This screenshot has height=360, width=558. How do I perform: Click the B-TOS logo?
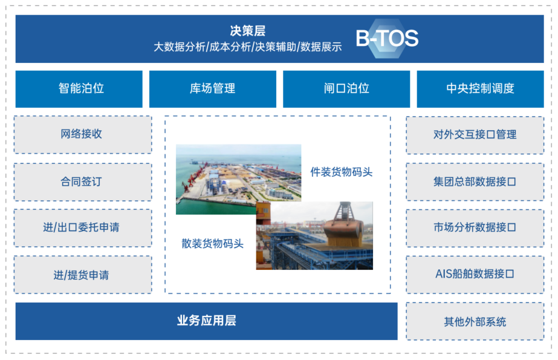[x=387, y=39]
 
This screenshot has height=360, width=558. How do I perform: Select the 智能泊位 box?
[x=79, y=89]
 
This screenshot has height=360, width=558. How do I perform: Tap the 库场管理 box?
[x=212, y=89]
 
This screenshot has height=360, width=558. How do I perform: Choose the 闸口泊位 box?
[x=346, y=89]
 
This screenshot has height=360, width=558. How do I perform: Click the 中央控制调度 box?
[x=480, y=89]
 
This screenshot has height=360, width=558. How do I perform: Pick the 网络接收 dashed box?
[x=83, y=134]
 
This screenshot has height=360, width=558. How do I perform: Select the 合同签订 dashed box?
[x=83, y=182]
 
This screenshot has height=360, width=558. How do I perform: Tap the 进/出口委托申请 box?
[x=83, y=228]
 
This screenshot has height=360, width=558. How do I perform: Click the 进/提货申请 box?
[x=83, y=275]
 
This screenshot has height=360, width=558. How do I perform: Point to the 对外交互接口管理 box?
[x=475, y=135]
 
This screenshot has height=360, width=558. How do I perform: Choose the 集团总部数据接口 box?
[x=475, y=182]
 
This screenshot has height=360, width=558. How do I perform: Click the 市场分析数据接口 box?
[x=475, y=228]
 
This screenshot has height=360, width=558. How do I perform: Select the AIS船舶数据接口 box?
[x=475, y=275]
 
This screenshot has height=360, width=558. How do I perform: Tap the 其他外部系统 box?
[x=475, y=321]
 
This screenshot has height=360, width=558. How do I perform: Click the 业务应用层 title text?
[x=206, y=321]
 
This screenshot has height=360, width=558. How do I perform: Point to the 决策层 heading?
[x=248, y=31]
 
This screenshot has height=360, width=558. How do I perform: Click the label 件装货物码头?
[x=342, y=172]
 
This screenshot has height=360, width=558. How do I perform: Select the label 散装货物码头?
[x=212, y=244]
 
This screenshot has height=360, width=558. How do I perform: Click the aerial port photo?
[x=238, y=179]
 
